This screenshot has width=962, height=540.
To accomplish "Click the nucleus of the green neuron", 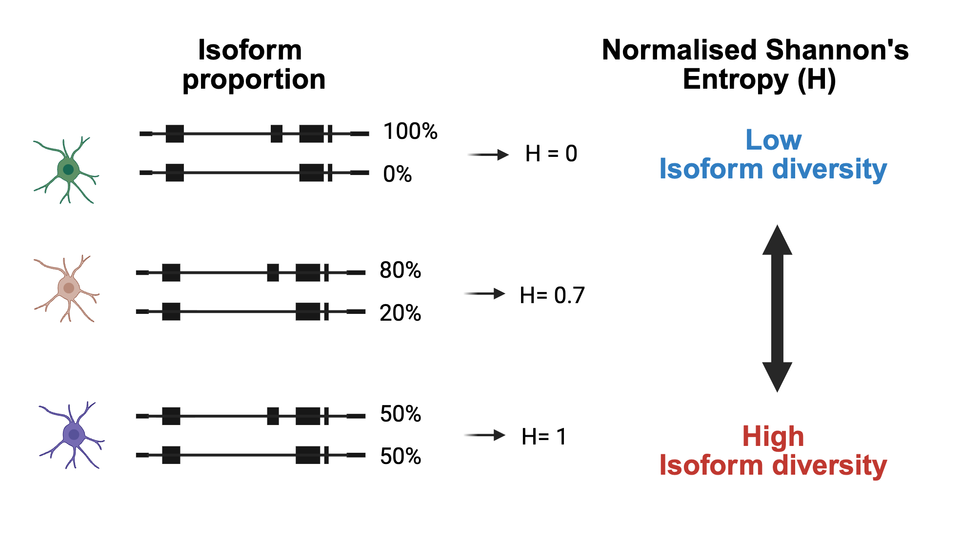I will pos(68,170).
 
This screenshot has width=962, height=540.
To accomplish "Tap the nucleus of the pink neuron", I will pos(69,288).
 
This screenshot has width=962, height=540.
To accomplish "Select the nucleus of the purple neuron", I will pos(74,434).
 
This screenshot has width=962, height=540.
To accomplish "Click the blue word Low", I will pos(773,140).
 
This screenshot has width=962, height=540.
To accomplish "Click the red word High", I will pos(773,436).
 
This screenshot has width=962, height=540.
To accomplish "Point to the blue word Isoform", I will pos(711,170).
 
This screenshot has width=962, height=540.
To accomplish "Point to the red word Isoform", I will pos(711,465).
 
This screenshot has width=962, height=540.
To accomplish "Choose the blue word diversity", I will pos(829,170).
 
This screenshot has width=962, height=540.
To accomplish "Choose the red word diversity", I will pos(829,465).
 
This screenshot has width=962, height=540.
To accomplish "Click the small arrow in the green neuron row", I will pos(488,155).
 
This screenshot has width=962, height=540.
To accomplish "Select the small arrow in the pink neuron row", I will pos(484,294).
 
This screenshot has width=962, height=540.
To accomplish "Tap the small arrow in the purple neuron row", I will pos(484,435).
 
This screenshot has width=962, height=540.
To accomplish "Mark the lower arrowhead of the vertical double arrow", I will pos(777,377).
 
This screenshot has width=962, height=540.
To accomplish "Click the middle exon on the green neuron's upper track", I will pos(277,134).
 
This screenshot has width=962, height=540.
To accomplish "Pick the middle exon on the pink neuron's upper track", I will pos(273,272).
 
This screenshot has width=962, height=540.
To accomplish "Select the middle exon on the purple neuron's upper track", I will pos(273,416).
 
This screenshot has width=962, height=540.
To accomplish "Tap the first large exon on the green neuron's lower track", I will pos(175,173).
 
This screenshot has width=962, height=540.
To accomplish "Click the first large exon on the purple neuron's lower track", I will pos(171,455).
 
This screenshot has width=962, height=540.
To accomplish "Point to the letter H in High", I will pos(751,436).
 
